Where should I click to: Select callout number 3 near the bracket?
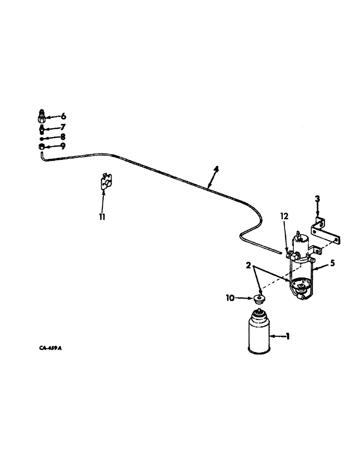click(x=317, y=199)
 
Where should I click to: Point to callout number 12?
click(x=285, y=216)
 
